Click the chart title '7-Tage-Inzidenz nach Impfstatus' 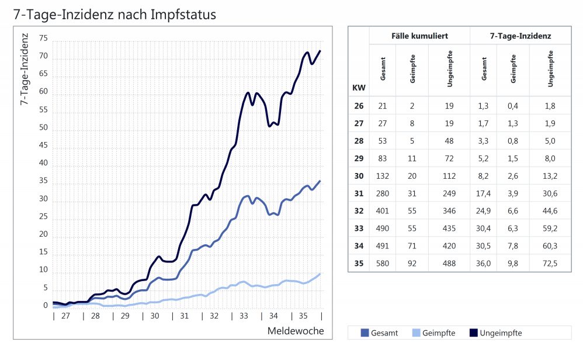coord(114,15)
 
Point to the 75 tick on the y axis coord(44,39)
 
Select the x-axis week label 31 coord(184,316)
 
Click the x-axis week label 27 coord(65,316)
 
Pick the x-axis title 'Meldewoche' coord(296,331)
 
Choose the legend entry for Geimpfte coord(432,333)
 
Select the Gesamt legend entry coord(379,333)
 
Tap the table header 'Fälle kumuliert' coord(419,36)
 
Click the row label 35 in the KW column coord(359,263)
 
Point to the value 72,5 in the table coord(550,263)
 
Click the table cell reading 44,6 coord(550,210)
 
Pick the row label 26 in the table coord(359,106)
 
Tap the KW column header coord(359,88)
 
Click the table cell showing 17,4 coord(483,193)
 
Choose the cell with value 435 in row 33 coord(449,228)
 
